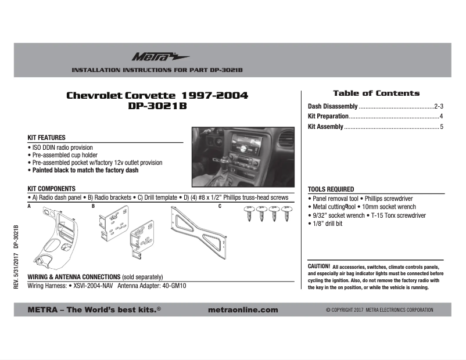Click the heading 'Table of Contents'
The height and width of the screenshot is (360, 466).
pos(375,93)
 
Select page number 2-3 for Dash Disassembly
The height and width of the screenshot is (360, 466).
pos(439,107)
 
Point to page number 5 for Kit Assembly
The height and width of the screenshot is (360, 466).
pos(442,127)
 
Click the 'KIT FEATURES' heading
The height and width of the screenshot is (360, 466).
pos(46,138)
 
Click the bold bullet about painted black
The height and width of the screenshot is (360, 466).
pos(85,171)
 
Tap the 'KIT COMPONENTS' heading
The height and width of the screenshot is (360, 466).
pos(51,189)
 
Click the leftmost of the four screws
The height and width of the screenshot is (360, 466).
pos(249,214)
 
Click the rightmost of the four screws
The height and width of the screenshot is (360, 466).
pos(285,214)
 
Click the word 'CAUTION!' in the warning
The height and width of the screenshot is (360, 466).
pos(319,266)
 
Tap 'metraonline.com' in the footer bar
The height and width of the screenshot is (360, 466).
pos(242,310)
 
